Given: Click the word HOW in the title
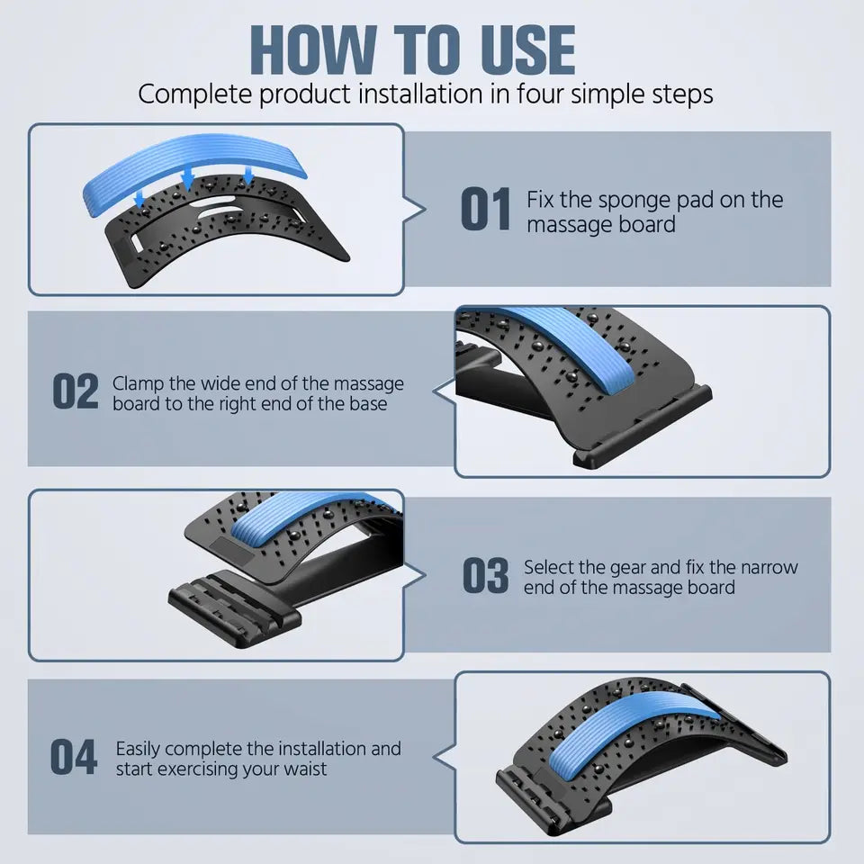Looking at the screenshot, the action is pyautogui.click(x=313, y=49).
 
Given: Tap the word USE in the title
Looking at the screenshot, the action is pyautogui.click(x=527, y=49).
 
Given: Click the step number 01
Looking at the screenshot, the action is pyautogui.click(x=485, y=209).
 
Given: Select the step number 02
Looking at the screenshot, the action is pyautogui.click(x=76, y=391).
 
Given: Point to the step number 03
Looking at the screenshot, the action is pyautogui.click(x=485, y=575).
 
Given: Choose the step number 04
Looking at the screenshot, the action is pyautogui.click(x=74, y=757).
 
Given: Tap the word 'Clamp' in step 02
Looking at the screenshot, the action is pyautogui.click(x=138, y=384).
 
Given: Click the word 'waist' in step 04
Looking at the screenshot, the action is pyautogui.click(x=305, y=769).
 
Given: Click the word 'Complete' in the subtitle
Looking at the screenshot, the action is pyautogui.click(x=195, y=94).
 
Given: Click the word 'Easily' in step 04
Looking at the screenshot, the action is pyautogui.click(x=137, y=750).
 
